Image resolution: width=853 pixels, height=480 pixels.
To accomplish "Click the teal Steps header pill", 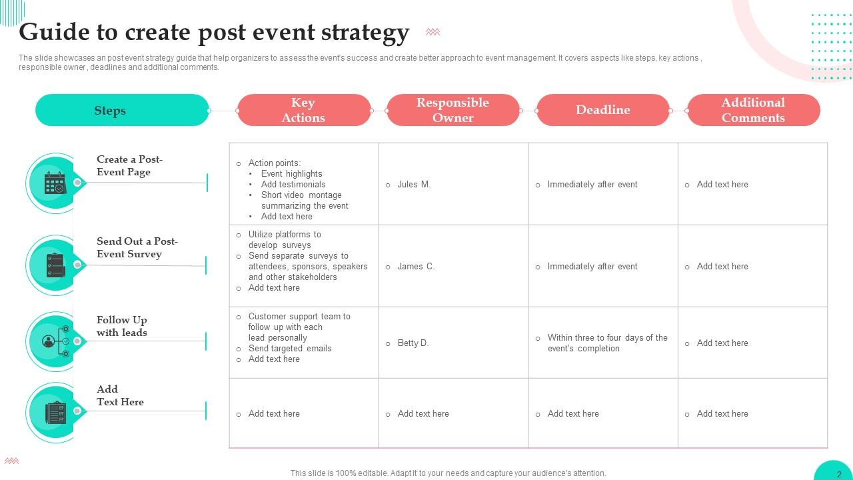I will (122, 110).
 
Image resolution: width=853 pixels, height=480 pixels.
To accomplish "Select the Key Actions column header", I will (303, 110).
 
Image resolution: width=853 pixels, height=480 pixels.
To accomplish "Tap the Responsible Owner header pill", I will (452, 110).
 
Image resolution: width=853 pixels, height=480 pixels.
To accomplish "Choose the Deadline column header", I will (602, 110).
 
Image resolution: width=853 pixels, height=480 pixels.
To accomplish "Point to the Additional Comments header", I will (753, 110).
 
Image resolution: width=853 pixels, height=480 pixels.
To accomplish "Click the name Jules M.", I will (414, 185).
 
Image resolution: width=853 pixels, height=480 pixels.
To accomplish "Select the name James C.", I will (416, 267).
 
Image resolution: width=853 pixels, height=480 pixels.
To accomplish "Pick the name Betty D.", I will (413, 343).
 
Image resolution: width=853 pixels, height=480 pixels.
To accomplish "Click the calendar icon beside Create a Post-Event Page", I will (55, 183).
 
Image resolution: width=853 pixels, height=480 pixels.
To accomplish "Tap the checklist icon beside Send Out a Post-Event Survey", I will (55, 265).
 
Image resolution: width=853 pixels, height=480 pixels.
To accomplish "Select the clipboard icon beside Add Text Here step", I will (55, 413).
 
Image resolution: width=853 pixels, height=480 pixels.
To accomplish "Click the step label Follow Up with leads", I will (121, 326).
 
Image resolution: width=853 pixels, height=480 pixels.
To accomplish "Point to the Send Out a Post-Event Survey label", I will (137, 247).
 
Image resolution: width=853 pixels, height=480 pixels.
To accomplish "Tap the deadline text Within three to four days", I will (607, 343).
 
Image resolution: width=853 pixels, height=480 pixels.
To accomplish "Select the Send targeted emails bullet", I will (290, 349).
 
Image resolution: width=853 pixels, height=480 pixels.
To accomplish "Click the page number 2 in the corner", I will (839, 474).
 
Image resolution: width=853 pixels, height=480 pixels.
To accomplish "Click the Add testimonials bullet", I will (293, 185).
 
